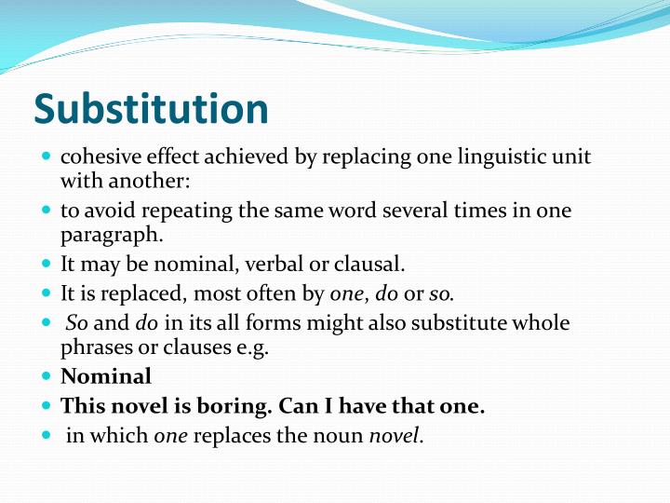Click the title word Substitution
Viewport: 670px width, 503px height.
point(151,110)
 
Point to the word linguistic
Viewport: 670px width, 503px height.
point(481,156)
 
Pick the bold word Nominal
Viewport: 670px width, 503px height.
point(106,377)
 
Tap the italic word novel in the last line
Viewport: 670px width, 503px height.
point(395,435)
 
